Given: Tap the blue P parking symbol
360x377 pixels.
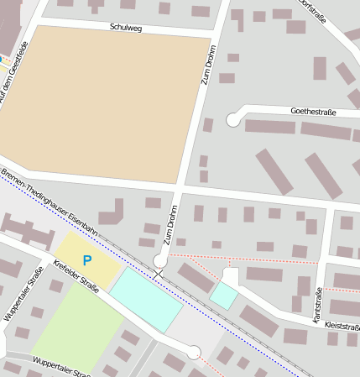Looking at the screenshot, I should (x=86, y=261).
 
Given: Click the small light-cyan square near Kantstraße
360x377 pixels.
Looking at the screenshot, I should (x=224, y=295).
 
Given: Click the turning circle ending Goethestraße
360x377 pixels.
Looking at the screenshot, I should (x=233, y=120).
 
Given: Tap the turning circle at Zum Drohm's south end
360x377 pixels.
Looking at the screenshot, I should (x=160, y=259).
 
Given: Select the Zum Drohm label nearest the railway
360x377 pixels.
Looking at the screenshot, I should (x=172, y=225).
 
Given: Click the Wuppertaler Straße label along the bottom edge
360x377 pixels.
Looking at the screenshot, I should (x=59, y=367).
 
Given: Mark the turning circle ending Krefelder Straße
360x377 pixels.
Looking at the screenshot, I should (x=194, y=353).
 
